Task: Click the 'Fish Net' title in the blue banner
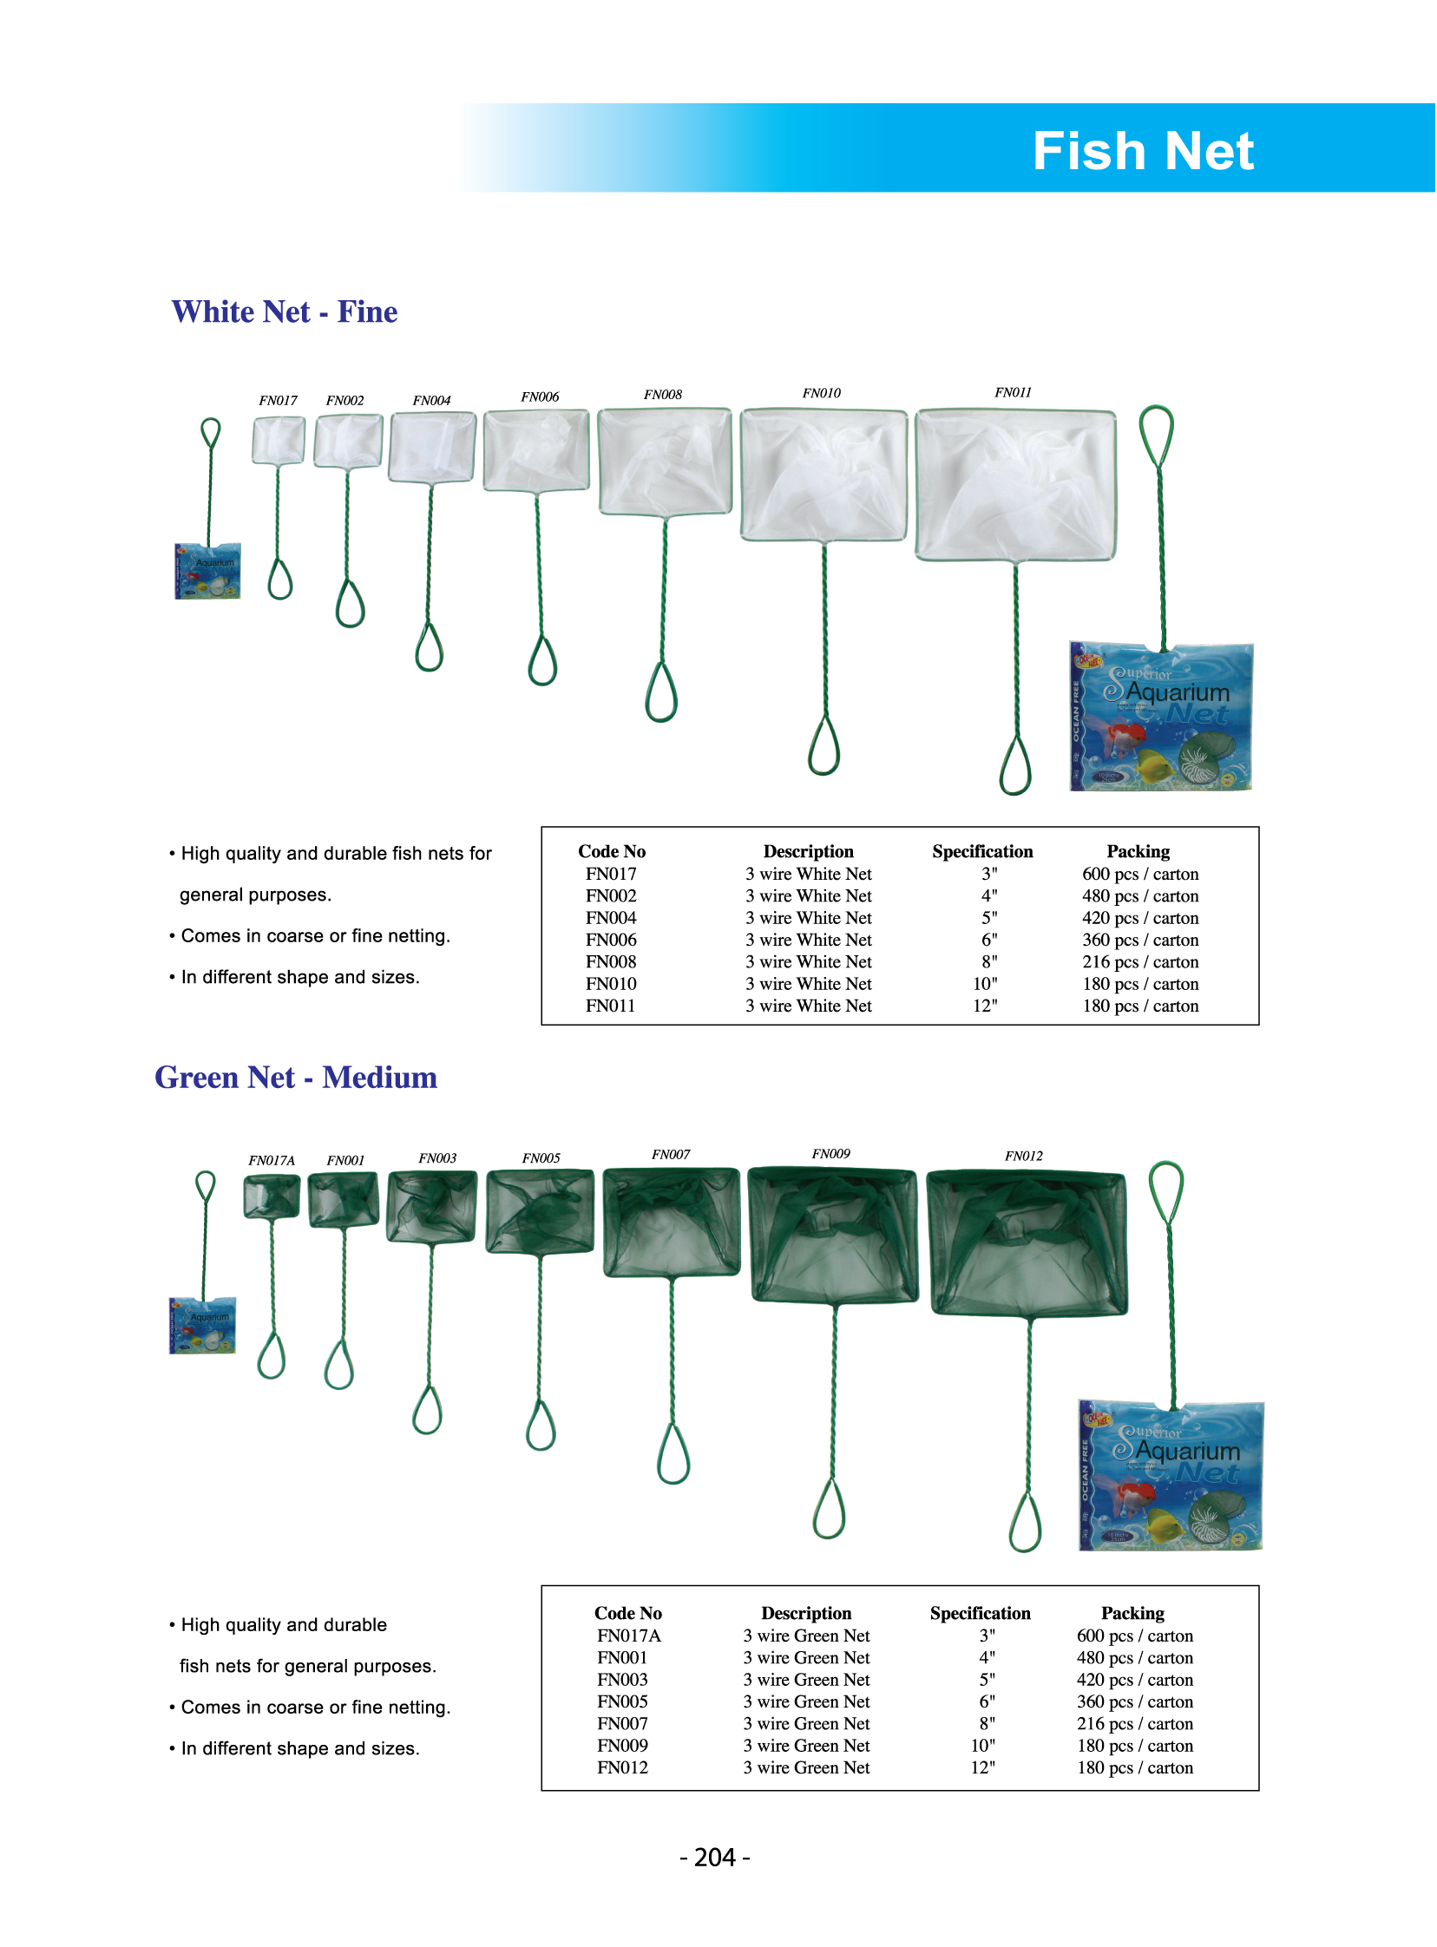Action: (1142, 151)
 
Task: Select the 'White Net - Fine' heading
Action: (285, 311)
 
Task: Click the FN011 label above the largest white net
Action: (1013, 392)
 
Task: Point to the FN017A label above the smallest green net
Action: (272, 1160)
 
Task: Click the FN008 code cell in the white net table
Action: (611, 961)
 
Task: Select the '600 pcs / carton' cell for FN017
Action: (1139, 874)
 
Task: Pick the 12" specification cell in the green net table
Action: (983, 1767)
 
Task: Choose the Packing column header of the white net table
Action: (1138, 851)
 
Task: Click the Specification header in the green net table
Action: (980, 1613)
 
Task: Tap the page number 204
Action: (715, 1858)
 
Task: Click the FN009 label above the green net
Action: (830, 1154)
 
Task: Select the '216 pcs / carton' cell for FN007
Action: (1134, 1723)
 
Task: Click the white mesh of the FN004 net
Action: (431, 447)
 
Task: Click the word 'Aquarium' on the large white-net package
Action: (1178, 692)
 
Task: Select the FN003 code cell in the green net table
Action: (622, 1679)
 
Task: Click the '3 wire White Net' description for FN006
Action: (808, 940)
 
